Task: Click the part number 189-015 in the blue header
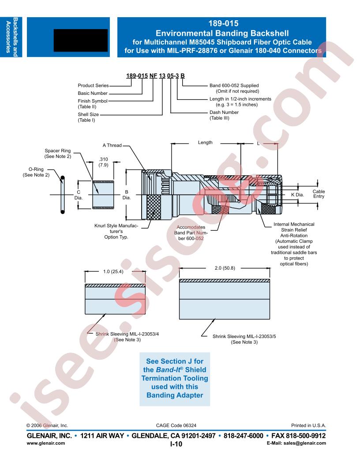point(223,23)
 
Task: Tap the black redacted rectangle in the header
point(80,41)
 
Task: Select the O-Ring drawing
point(62,195)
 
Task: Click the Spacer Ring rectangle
point(103,195)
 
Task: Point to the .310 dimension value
point(103,159)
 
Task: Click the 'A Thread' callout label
point(112,145)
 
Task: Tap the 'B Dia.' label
point(127,195)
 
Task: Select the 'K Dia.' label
point(297,195)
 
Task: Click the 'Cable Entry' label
point(319,194)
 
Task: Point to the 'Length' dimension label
point(205,143)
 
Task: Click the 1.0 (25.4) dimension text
point(113,272)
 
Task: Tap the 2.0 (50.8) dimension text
point(225,268)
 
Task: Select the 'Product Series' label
point(93,85)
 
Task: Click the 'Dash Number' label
point(224,113)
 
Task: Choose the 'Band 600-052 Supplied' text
point(234,86)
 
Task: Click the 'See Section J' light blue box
point(175,379)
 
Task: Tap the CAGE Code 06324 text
point(176,425)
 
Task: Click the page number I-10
point(176,444)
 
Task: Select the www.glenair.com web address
point(46,443)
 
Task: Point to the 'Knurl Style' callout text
point(116,231)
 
